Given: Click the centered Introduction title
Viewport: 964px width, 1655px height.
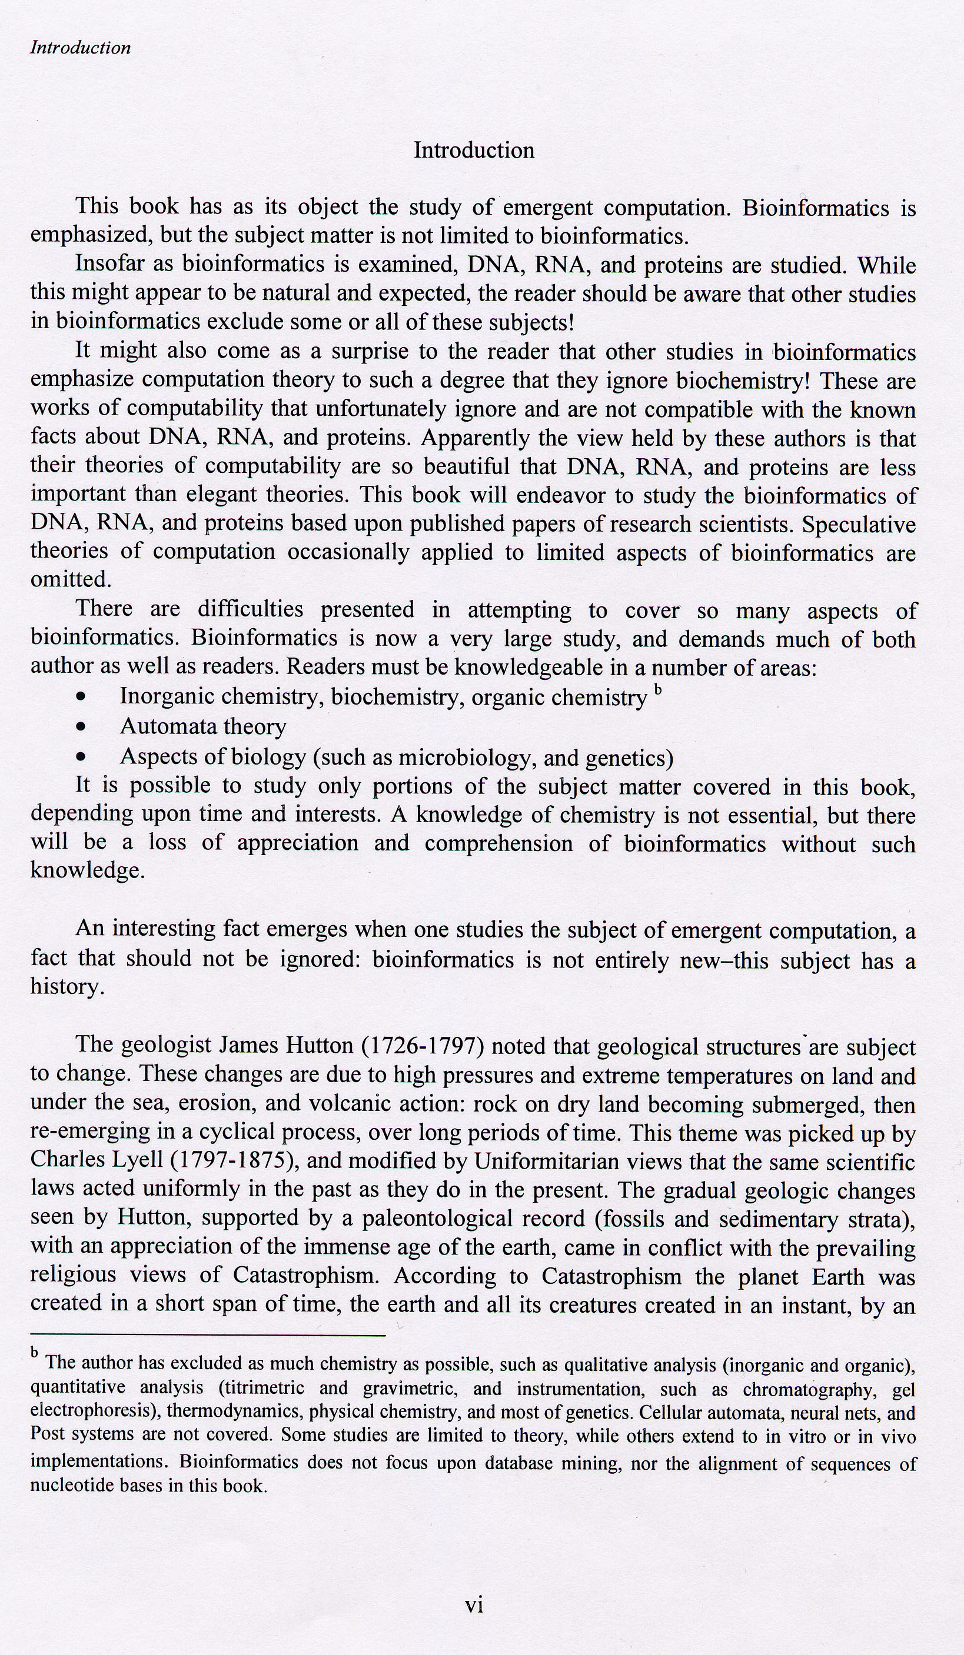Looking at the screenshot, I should tap(474, 151).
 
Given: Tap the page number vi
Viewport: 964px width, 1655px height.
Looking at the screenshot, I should tap(474, 1605).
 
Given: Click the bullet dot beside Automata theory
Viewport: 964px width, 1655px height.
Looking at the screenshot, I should tap(81, 728).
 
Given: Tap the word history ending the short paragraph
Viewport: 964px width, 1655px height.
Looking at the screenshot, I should tap(66, 987).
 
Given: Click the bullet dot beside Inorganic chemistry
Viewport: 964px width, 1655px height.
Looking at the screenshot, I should tap(81, 698).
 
